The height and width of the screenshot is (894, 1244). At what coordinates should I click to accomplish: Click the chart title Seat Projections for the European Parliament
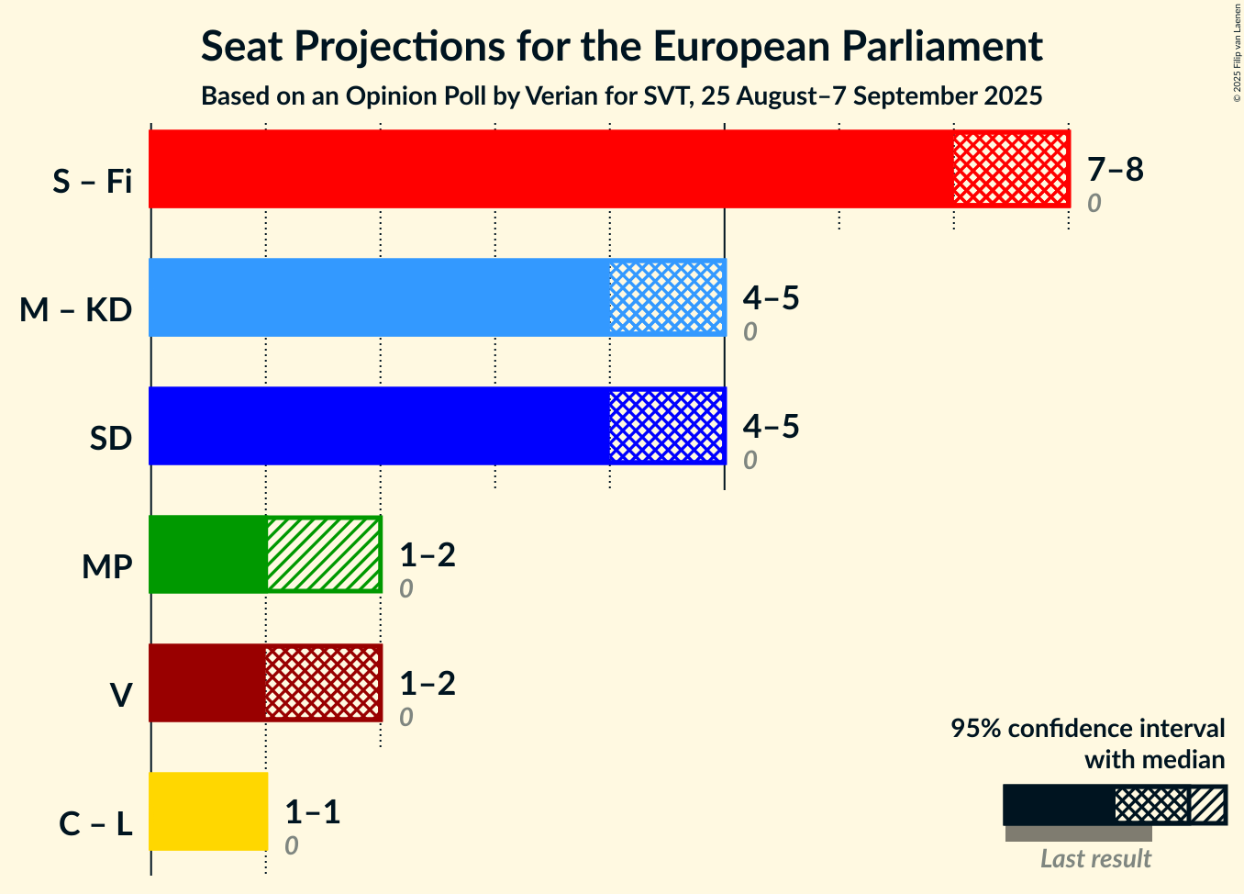click(x=621, y=46)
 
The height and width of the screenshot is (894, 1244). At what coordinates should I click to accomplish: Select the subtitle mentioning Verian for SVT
click(x=621, y=96)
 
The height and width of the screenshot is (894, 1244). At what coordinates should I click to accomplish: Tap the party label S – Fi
click(x=93, y=181)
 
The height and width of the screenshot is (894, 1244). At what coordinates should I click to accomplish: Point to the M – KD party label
click(x=76, y=309)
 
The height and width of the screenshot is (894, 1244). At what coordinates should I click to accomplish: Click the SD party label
click(x=111, y=439)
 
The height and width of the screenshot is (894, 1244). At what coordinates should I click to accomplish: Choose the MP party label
click(x=107, y=566)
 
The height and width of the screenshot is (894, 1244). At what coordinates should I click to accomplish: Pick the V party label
click(x=121, y=695)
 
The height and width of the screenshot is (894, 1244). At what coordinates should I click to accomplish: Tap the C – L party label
click(x=95, y=823)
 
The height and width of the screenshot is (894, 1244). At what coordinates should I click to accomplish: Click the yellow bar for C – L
click(x=208, y=811)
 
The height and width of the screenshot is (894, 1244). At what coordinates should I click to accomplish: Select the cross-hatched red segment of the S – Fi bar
click(x=1012, y=169)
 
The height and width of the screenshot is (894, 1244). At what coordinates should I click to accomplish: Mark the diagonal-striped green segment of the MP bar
click(x=325, y=554)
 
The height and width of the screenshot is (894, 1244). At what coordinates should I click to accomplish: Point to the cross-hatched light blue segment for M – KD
click(x=668, y=297)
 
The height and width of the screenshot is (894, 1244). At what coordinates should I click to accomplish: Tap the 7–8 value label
click(x=1116, y=169)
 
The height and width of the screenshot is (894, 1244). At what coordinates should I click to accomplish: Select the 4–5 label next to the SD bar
click(x=771, y=426)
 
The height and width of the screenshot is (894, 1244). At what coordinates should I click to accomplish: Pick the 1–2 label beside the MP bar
click(x=428, y=554)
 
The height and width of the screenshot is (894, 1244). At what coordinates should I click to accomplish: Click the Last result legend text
click(x=1095, y=859)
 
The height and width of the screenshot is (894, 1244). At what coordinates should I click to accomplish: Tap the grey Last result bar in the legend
click(x=1079, y=833)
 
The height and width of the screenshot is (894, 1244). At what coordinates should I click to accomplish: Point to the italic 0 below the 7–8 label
click(x=1094, y=204)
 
